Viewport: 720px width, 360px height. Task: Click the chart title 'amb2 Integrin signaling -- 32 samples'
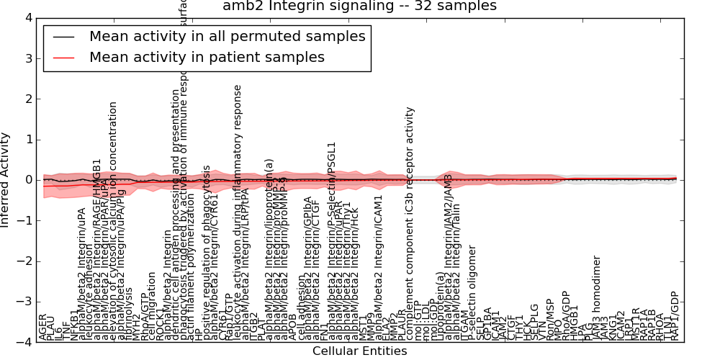(x=359, y=6)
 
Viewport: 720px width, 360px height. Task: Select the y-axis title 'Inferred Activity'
(x=6, y=180)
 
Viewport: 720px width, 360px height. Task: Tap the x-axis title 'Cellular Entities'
(x=359, y=351)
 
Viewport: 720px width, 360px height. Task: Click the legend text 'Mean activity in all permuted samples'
(x=227, y=36)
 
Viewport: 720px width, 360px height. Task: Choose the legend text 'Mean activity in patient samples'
(x=207, y=57)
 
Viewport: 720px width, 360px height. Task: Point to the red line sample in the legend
(x=63, y=58)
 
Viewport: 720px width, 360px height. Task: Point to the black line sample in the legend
(x=63, y=37)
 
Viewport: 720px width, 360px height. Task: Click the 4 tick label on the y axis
(x=27, y=18)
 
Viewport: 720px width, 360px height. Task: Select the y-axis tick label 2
(x=27, y=99)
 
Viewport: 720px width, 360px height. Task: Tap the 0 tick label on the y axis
(x=27, y=180)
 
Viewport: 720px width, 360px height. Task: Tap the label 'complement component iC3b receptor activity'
(x=410, y=223)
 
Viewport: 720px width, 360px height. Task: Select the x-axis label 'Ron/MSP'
(x=550, y=318)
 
